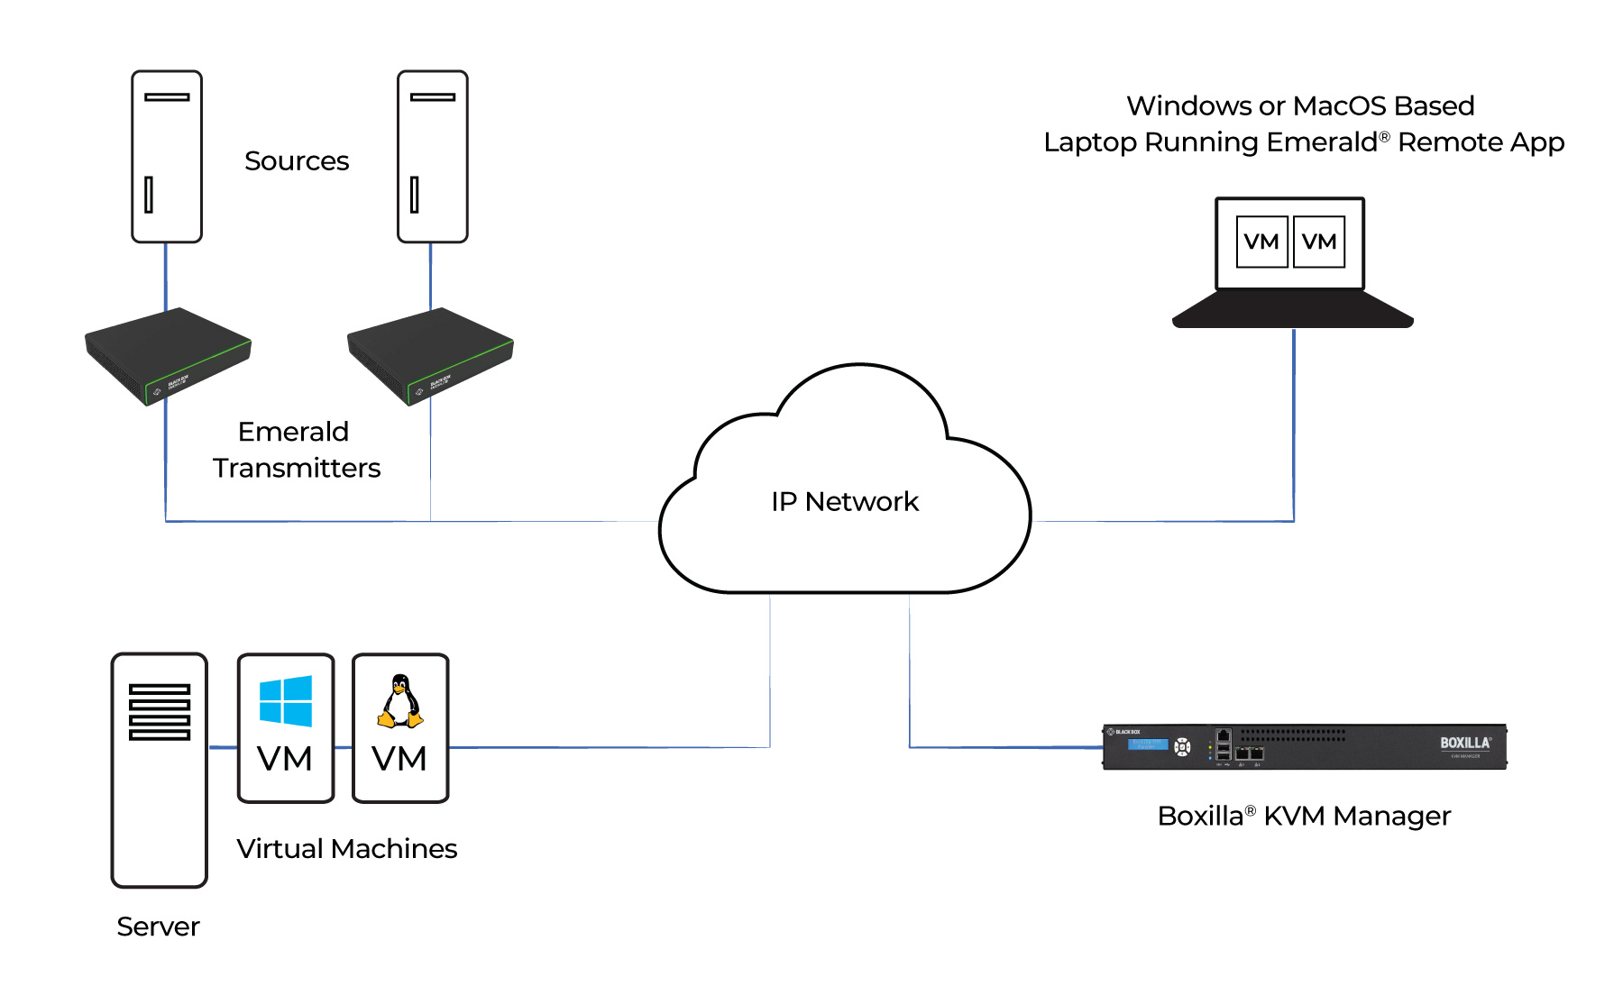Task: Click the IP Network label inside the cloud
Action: tap(844, 501)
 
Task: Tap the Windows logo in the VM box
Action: tap(286, 701)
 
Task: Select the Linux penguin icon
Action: tap(399, 701)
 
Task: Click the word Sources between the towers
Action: tap(297, 160)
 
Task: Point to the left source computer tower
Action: tap(167, 156)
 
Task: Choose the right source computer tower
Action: tap(433, 156)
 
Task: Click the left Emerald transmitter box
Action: tap(168, 356)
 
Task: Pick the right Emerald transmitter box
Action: tap(430, 356)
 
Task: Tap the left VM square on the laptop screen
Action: tap(1261, 242)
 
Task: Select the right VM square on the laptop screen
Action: tap(1319, 242)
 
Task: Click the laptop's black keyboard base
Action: tap(1292, 311)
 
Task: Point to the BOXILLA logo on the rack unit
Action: tap(1464, 744)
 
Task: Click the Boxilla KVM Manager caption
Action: tap(1304, 816)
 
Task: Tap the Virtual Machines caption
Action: tap(347, 849)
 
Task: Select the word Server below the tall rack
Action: tap(158, 927)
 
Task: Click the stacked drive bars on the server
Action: tap(160, 712)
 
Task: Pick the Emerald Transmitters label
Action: tap(296, 450)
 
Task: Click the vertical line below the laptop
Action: tap(1294, 424)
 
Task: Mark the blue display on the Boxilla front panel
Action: tap(1147, 744)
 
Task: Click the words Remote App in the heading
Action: tap(1481, 142)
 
